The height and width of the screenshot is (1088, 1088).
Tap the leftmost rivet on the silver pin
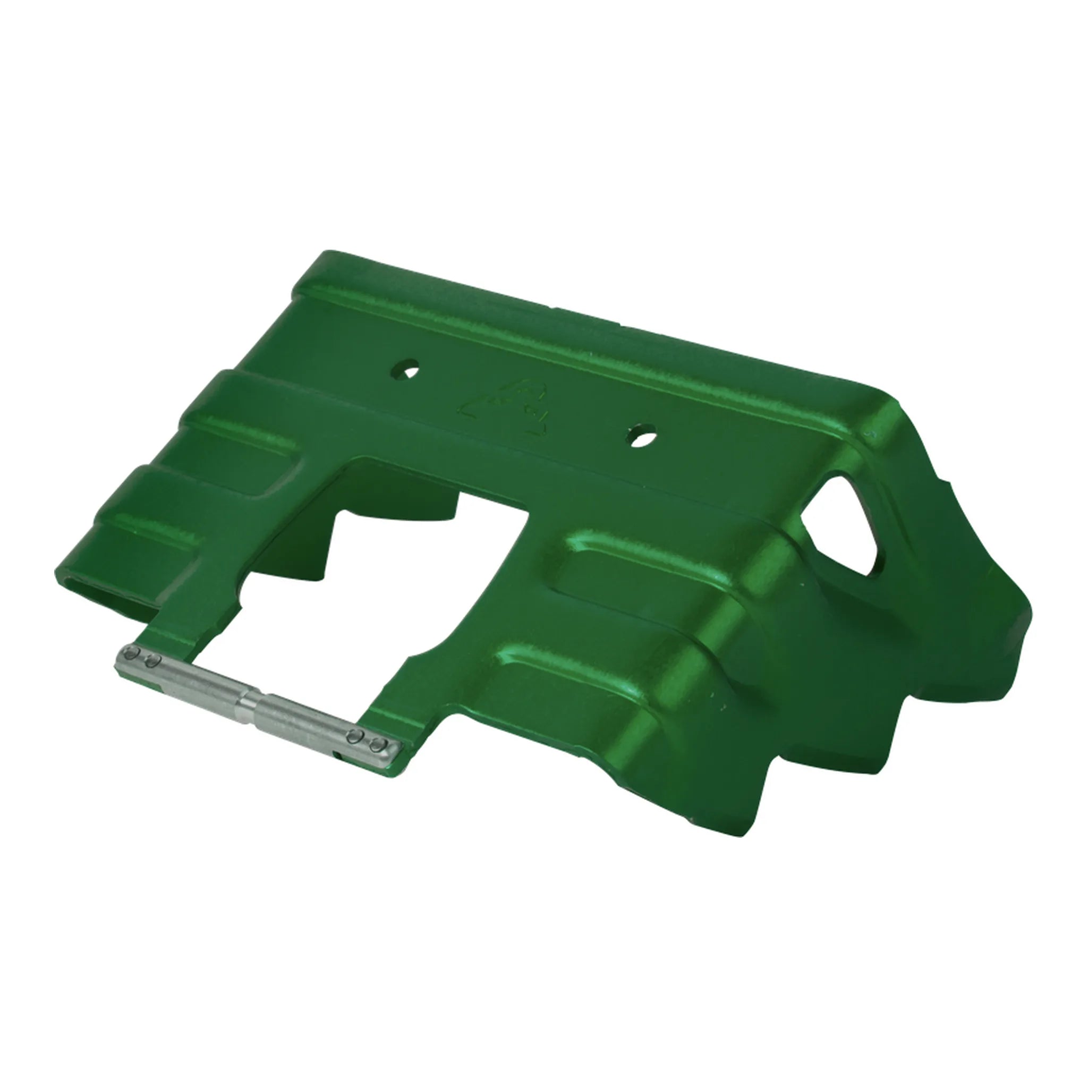(132, 653)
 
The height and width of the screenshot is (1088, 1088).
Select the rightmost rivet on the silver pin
(376, 747)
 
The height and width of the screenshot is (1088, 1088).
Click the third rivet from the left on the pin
(356, 735)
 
